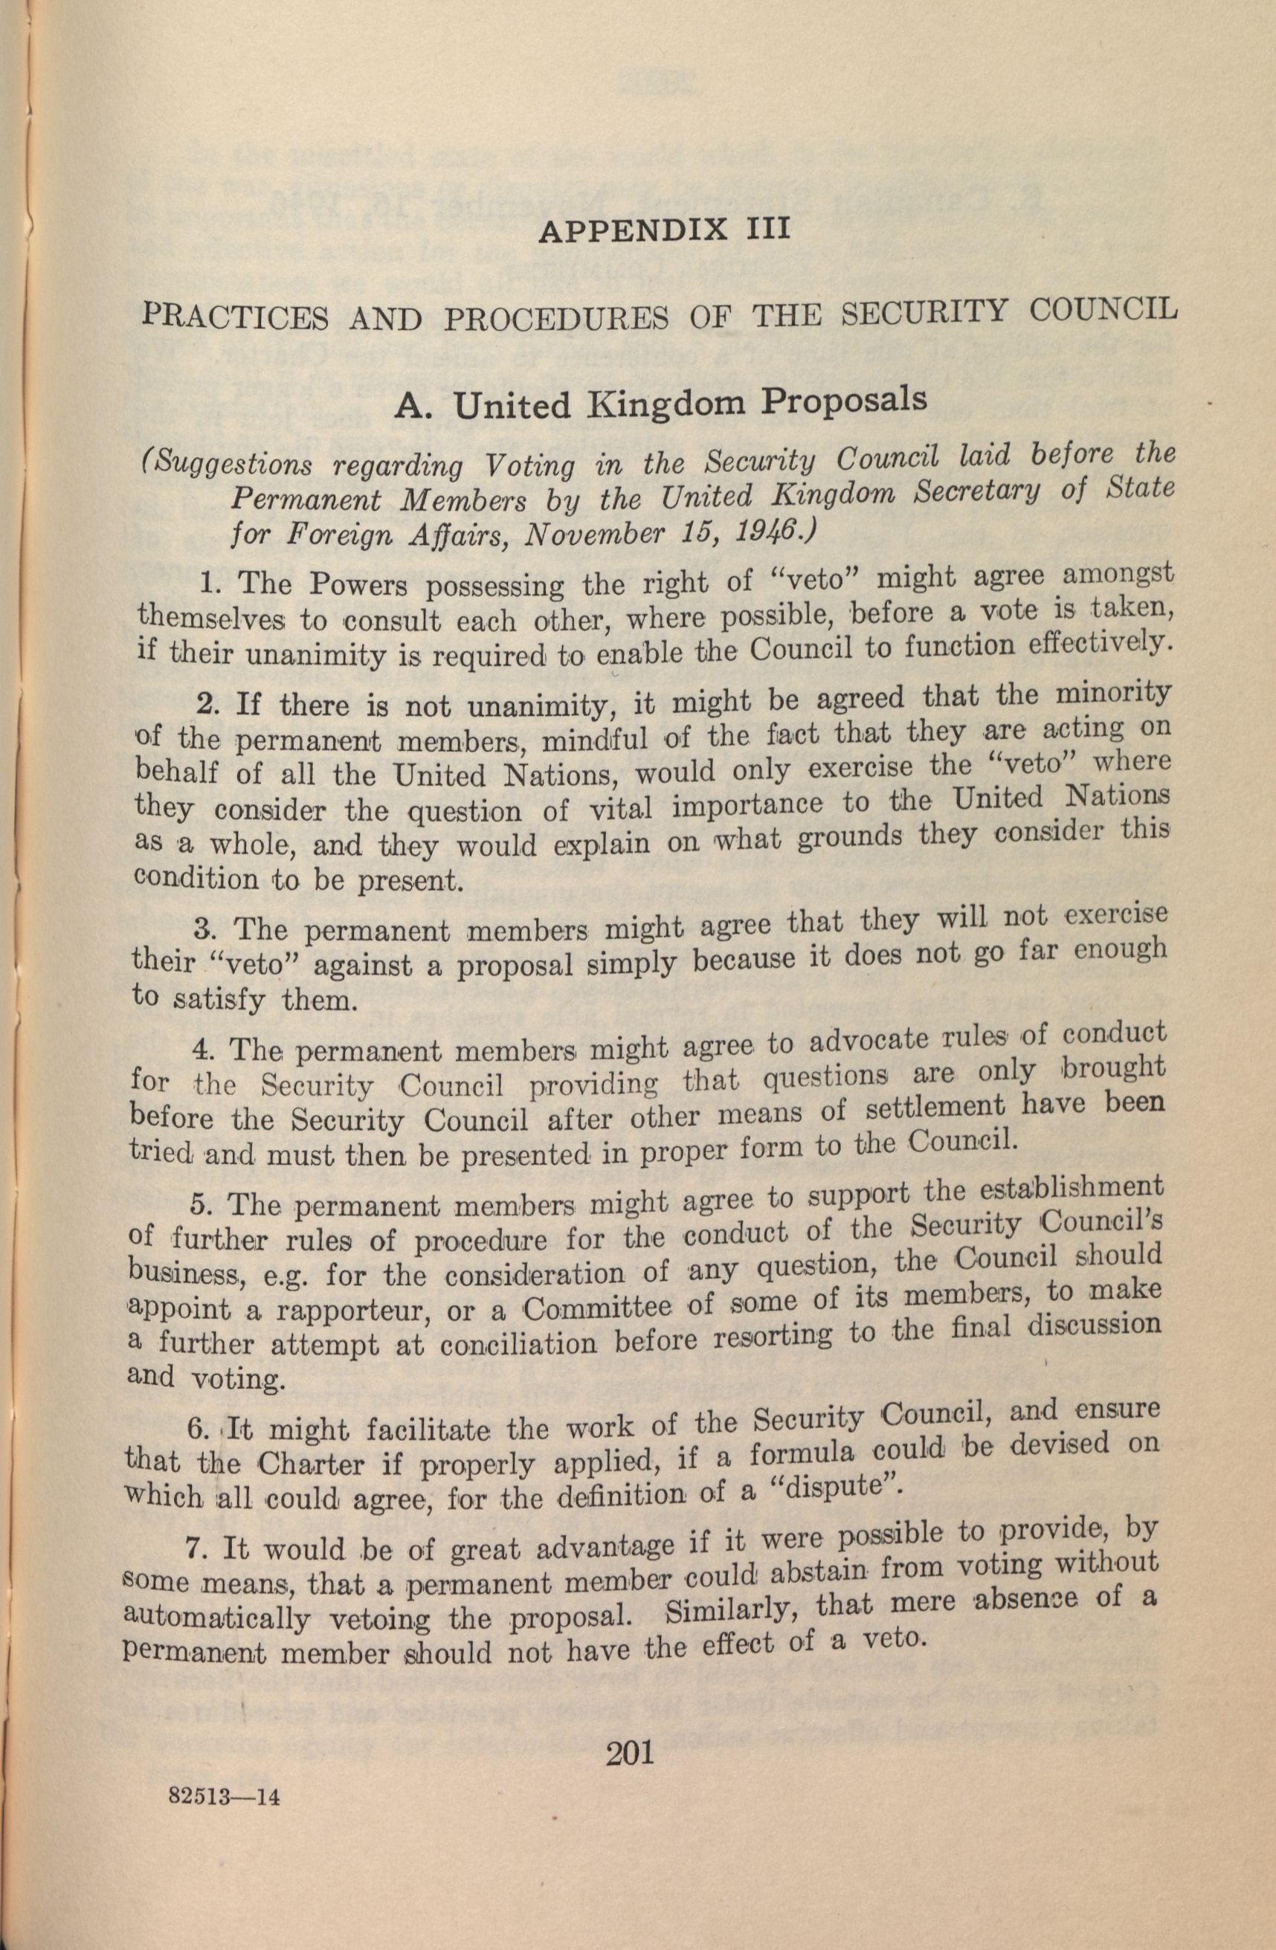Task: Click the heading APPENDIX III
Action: (x=663, y=230)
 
